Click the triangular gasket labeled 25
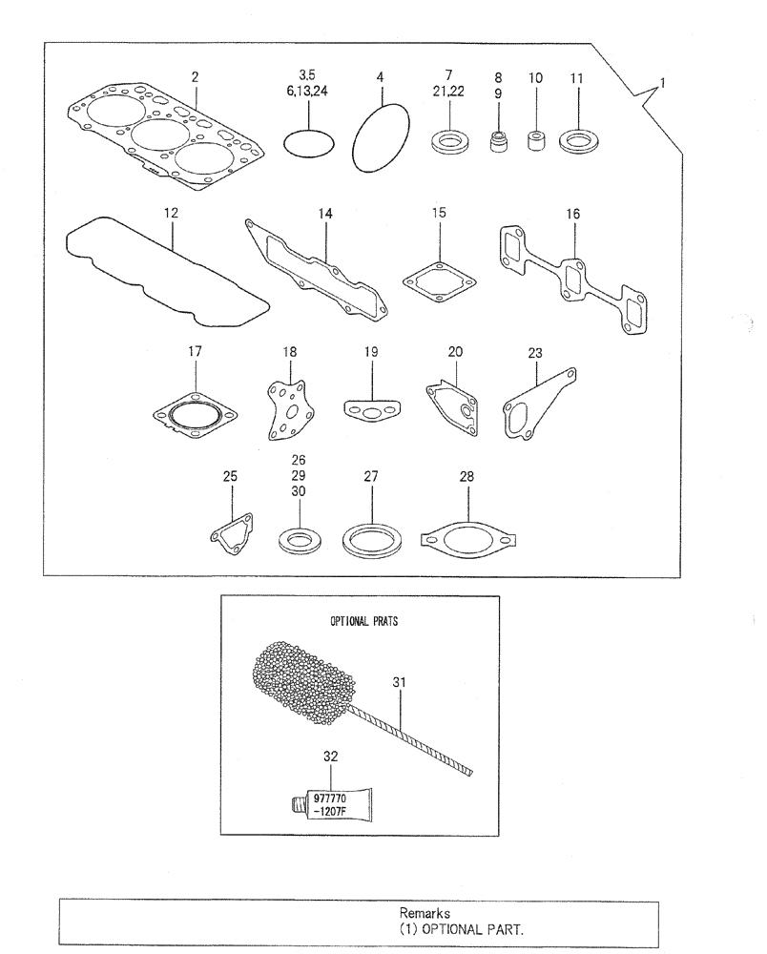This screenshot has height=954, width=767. [233, 532]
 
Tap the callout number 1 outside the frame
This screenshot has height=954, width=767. [663, 83]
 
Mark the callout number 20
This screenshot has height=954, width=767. [456, 351]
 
